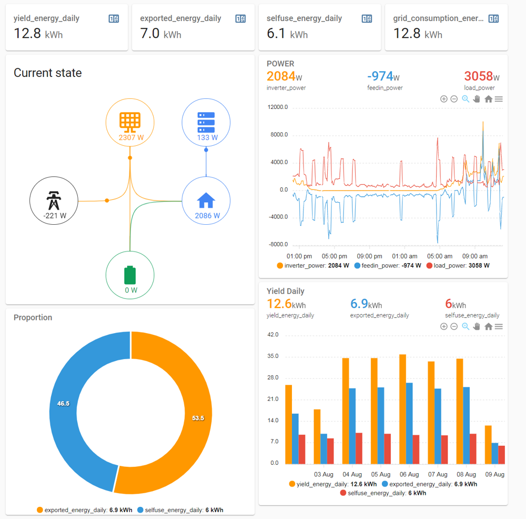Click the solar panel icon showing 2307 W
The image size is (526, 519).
tap(130, 121)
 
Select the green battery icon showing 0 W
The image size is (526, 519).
tap(130, 275)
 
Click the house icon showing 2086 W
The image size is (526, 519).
tap(206, 200)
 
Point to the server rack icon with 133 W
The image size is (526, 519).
tap(206, 122)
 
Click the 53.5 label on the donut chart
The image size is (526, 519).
tap(198, 418)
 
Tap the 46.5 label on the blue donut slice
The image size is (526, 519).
tap(63, 403)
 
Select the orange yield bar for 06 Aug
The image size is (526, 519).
tap(402, 409)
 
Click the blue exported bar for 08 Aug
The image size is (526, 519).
tap(466, 425)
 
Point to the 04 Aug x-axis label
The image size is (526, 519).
tap(352, 474)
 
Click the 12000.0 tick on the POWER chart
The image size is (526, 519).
tap(278, 107)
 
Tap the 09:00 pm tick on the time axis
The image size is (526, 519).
tap(370, 256)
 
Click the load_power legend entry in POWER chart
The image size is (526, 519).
tap(458, 266)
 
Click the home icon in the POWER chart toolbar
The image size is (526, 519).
tap(488, 99)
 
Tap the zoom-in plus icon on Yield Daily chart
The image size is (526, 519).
tap(443, 326)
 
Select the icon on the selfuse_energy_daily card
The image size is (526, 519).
tap(367, 18)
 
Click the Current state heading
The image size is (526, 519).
tap(48, 73)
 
